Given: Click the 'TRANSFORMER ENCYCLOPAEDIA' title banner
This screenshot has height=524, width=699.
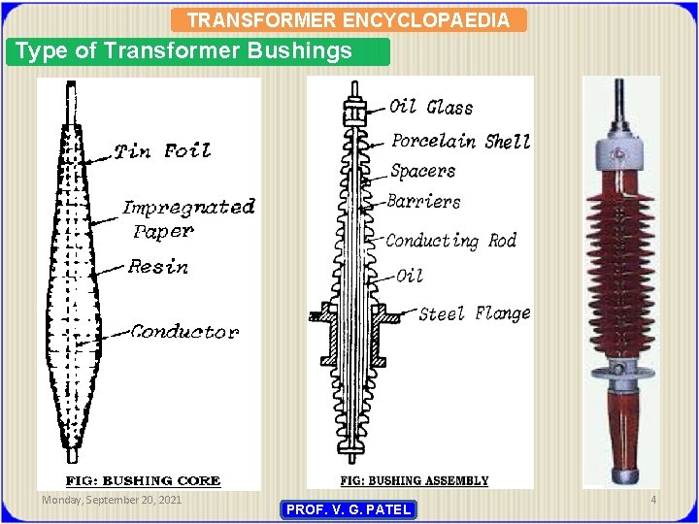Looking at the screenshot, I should coord(348,19).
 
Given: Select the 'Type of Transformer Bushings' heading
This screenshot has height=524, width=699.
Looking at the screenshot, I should coord(184,51).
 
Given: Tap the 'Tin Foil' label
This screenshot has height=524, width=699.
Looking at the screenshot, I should coord(162,150).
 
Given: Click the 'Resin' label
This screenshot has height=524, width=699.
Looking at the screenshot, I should coord(158,267).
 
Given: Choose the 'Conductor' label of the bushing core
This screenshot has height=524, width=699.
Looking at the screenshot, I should coord(184,332).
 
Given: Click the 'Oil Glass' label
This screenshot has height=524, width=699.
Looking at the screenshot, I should coord(431,107).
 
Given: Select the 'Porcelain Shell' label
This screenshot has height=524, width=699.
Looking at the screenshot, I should coord(460,142).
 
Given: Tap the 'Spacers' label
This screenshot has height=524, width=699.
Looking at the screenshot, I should coord(422,172).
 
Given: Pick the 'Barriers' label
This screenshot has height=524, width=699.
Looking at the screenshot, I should coord(423,202).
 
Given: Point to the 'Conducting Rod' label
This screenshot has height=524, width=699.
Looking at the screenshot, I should coord(450,241).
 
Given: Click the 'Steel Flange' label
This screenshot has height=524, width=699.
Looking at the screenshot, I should coord(475,313).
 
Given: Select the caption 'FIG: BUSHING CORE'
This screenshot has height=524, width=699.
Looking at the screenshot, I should coord(143,480).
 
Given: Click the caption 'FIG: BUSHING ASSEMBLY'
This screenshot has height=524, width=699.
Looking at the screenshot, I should coord(415,480).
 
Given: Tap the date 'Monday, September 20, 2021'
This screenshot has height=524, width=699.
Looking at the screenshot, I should coord(111,500).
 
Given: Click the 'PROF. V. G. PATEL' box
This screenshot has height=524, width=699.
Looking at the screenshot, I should coord(348,509).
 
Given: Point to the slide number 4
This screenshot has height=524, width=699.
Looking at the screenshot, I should coord(653,500).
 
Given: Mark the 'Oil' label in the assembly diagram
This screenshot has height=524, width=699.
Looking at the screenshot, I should coord(410,276).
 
